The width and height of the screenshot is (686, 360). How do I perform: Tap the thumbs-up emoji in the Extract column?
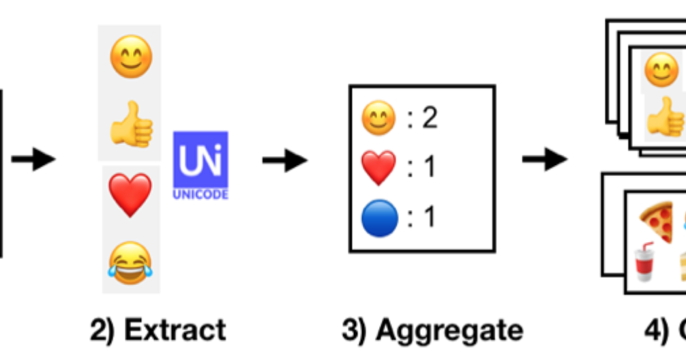[x=132, y=124]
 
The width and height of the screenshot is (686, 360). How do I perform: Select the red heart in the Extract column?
[x=130, y=195]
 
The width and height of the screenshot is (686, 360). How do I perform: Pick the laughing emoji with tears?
[x=130, y=260]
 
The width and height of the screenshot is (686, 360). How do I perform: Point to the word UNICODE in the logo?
[x=200, y=195]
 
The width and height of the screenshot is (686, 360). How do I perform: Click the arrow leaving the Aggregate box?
[x=544, y=161]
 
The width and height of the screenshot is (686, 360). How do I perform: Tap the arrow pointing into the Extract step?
[x=33, y=161]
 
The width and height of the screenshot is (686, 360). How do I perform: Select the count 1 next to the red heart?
[x=429, y=168]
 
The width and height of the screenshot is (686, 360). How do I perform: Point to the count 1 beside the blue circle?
[x=429, y=218]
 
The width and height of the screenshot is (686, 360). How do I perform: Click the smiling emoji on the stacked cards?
[x=661, y=71]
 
